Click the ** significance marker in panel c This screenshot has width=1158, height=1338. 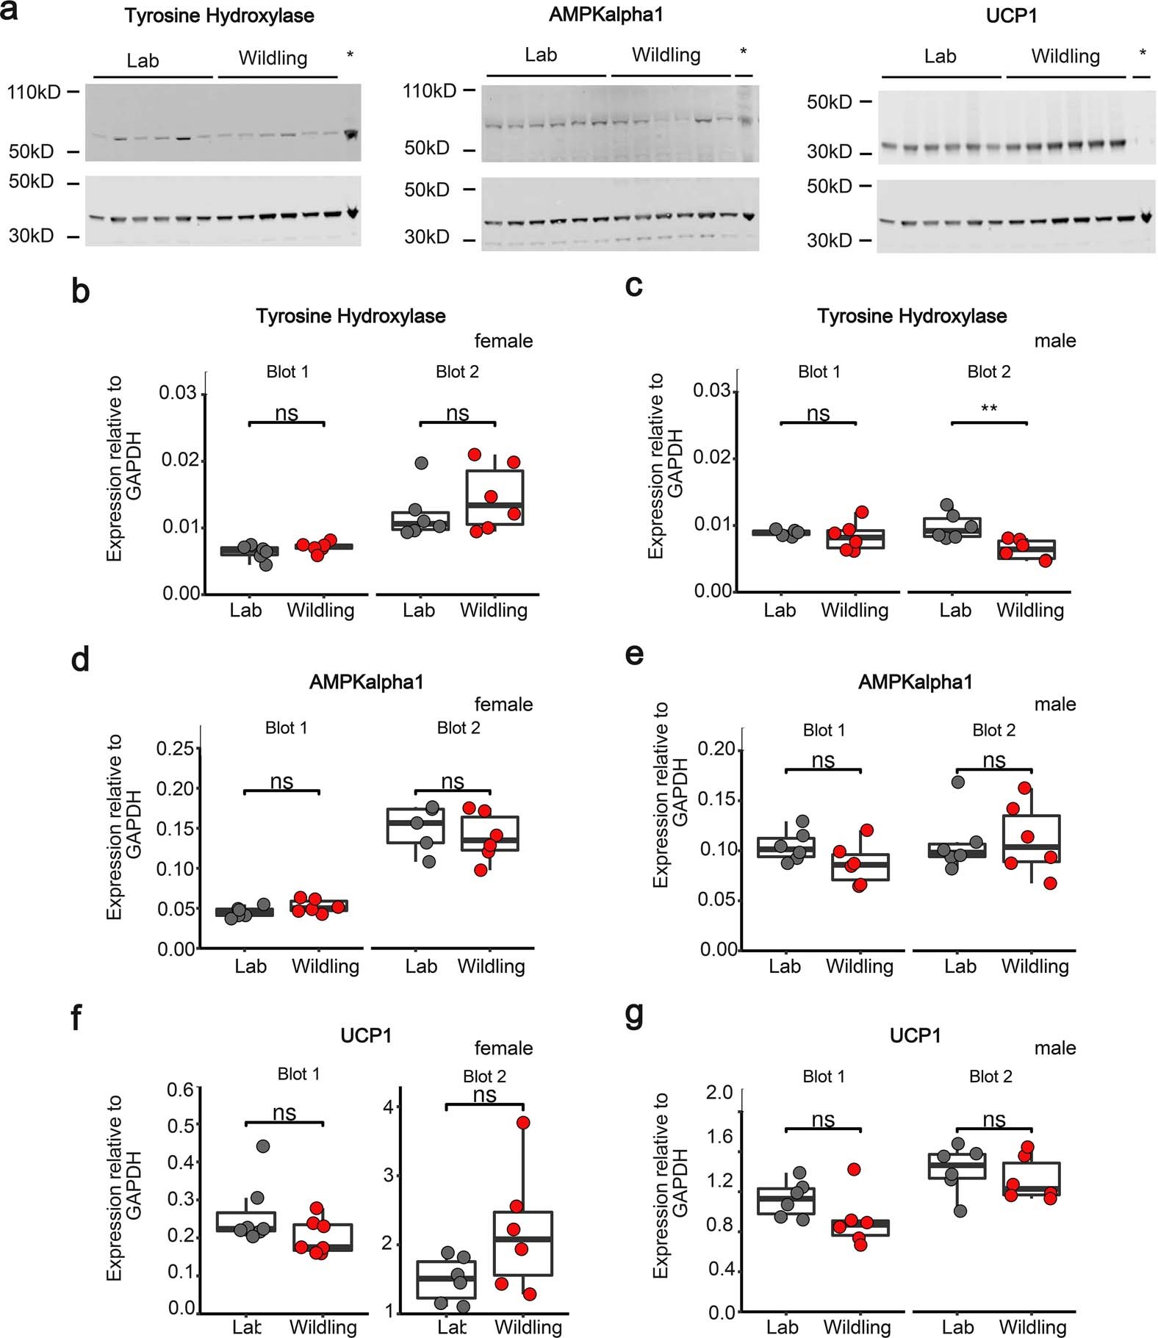pyautogui.click(x=989, y=409)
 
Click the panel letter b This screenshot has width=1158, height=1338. pyautogui.click(x=80, y=291)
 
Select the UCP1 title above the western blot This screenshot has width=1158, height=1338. pyautogui.click(x=1011, y=15)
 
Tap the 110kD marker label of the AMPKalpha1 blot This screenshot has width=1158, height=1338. pyautogui.click(x=429, y=91)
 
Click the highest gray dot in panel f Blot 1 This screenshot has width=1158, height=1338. pyautogui.click(x=263, y=1145)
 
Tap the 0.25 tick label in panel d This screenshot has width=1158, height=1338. pyautogui.click(x=176, y=749)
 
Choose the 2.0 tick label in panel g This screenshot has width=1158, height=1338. pyautogui.click(x=719, y=1093)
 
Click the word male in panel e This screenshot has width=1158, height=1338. pyautogui.click(x=1055, y=704)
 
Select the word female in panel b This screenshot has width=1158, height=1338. pyautogui.click(x=503, y=341)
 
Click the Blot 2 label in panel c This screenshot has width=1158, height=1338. pyautogui.click(x=988, y=372)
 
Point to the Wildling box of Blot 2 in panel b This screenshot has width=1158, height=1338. pyautogui.click(x=495, y=497)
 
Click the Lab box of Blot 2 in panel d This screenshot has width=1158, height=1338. pyautogui.click(x=416, y=826)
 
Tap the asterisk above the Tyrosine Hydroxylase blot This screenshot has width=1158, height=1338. pyautogui.click(x=350, y=55)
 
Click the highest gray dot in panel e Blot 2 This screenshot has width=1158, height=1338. pyautogui.click(x=958, y=782)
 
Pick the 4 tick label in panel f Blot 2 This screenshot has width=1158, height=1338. pyautogui.click(x=390, y=1107)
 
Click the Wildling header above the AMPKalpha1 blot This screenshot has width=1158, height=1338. pyautogui.click(x=666, y=55)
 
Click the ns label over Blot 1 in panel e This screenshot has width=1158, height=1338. pyautogui.click(x=823, y=760)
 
